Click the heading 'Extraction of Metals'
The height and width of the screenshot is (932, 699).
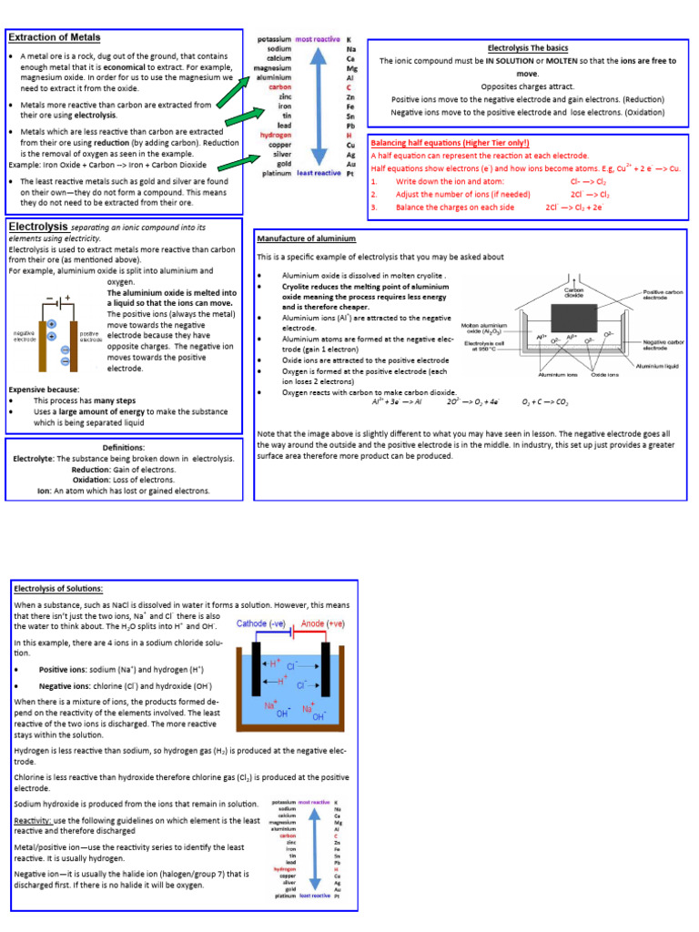pos(55,37)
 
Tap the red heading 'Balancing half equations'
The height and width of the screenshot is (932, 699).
pos(450,143)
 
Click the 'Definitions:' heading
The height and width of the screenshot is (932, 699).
pos(124,448)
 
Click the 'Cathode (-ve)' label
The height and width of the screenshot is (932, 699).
pos(263,624)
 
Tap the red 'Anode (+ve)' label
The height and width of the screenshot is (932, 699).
pos(324,624)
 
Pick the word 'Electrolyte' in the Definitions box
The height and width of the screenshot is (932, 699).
pos(33,459)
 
